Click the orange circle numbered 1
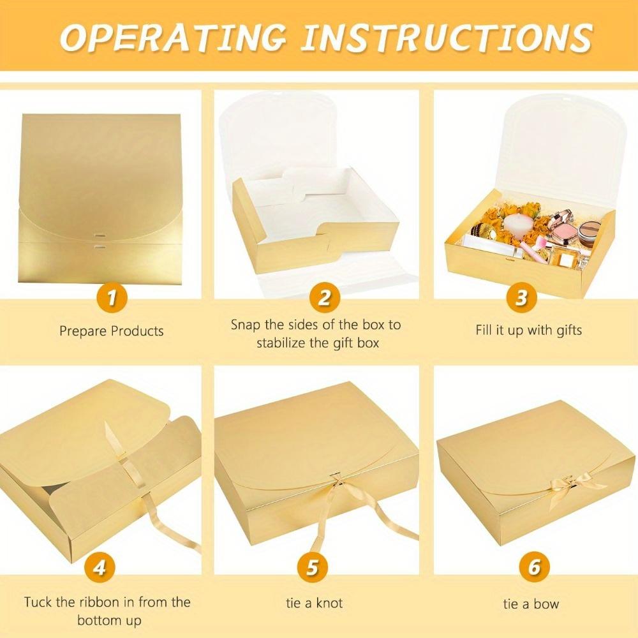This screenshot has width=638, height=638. pos(112,297)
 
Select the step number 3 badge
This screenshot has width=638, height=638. pos(521,297)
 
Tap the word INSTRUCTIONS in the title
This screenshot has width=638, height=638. pos(447,38)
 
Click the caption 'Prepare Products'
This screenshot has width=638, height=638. pos(112,331)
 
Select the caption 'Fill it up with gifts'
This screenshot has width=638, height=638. pos(528,330)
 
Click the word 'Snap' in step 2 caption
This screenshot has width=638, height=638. pos(246,325)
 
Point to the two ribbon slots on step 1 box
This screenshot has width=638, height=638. pos(99,239)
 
